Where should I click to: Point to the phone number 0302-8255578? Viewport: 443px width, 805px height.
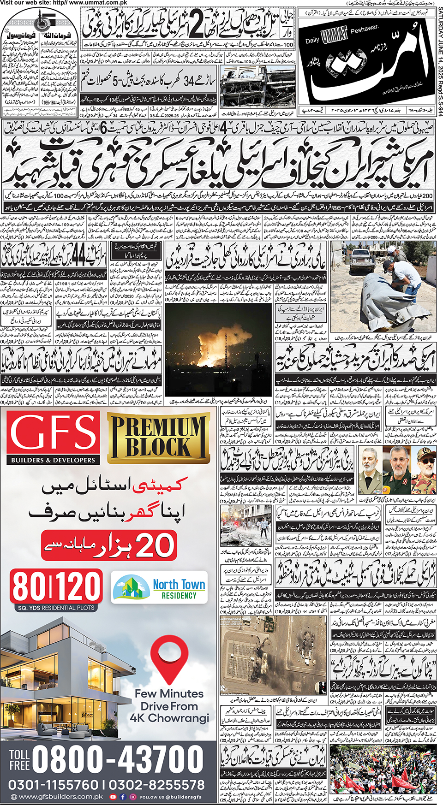click(x=157, y=785)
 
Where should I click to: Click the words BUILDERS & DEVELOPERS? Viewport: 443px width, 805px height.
click(x=53, y=460)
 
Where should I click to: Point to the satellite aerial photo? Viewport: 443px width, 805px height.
click(x=274, y=655)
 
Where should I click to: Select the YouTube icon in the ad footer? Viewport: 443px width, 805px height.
click(x=113, y=797)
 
